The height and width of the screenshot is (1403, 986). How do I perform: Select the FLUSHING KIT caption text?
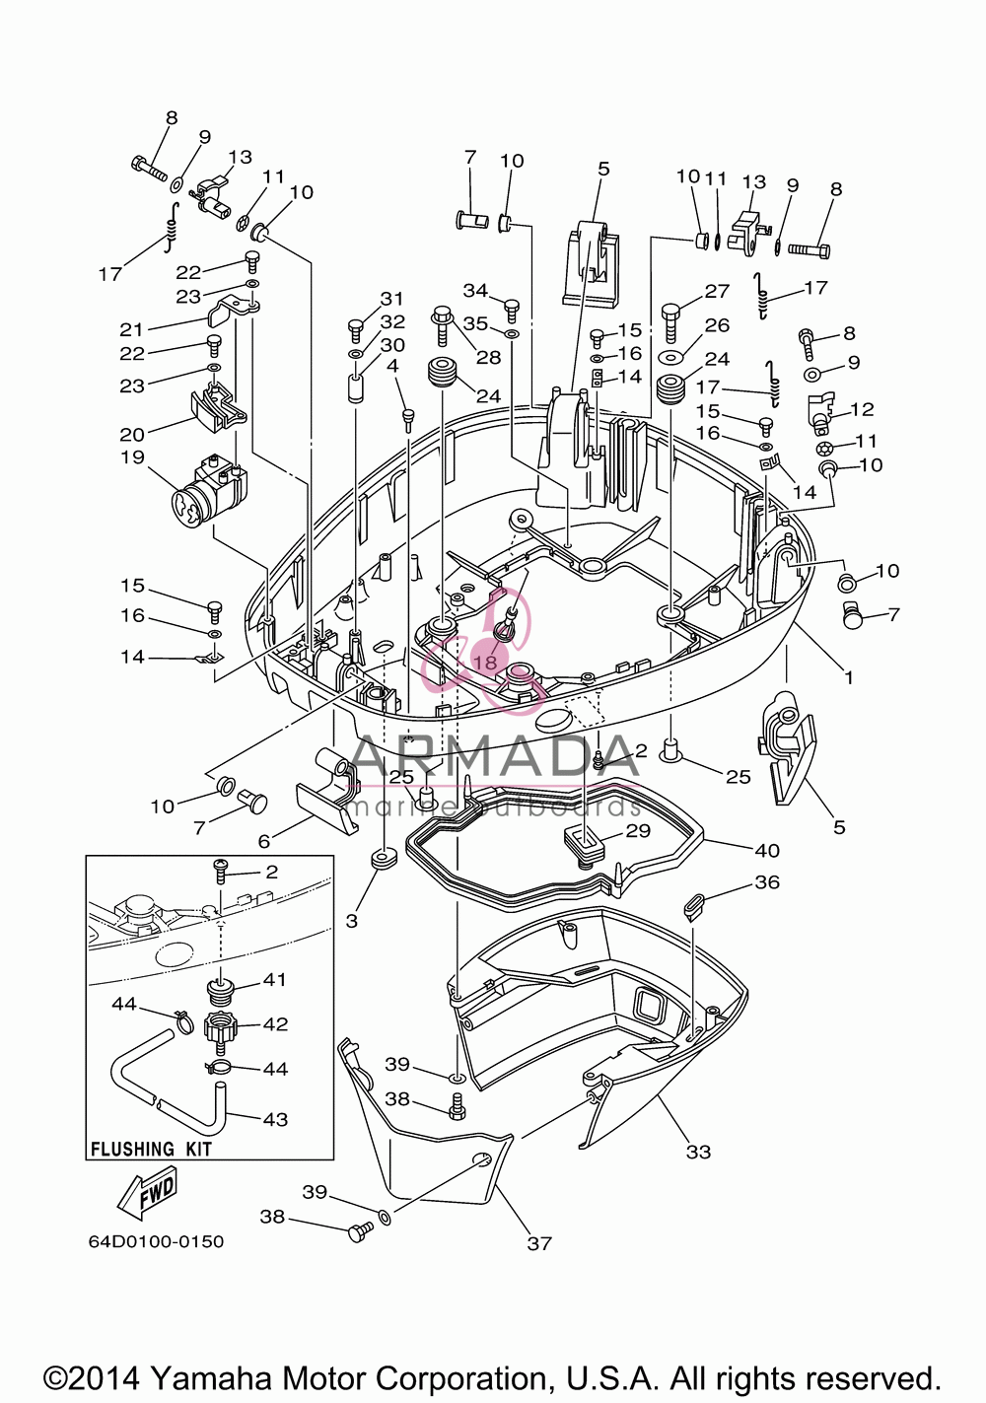click(x=152, y=1150)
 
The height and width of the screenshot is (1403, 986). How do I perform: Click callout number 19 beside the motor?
click(x=133, y=457)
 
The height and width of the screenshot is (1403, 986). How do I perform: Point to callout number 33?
click(x=698, y=1152)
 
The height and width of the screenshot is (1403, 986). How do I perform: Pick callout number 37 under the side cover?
click(x=538, y=1243)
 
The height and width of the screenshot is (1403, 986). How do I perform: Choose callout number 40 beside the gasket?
click(x=767, y=851)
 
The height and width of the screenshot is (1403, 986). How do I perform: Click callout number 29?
click(x=638, y=830)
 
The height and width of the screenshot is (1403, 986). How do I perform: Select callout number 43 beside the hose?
click(x=275, y=1119)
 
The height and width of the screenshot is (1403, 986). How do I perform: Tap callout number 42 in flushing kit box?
click(x=275, y=1024)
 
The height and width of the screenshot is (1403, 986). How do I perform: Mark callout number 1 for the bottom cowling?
click(x=849, y=677)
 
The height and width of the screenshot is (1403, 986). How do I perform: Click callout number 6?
click(x=263, y=841)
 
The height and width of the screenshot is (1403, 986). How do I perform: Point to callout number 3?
click(x=351, y=921)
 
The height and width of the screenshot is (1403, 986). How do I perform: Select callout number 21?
click(x=131, y=329)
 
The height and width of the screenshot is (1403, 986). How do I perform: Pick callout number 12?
click(x=862, y=409)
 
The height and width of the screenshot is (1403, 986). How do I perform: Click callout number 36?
click(x=767, y=882)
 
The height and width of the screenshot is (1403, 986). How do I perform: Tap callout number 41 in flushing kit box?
click(x=274, y=979)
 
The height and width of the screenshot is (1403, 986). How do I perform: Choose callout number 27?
click(x=717, y=291)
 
